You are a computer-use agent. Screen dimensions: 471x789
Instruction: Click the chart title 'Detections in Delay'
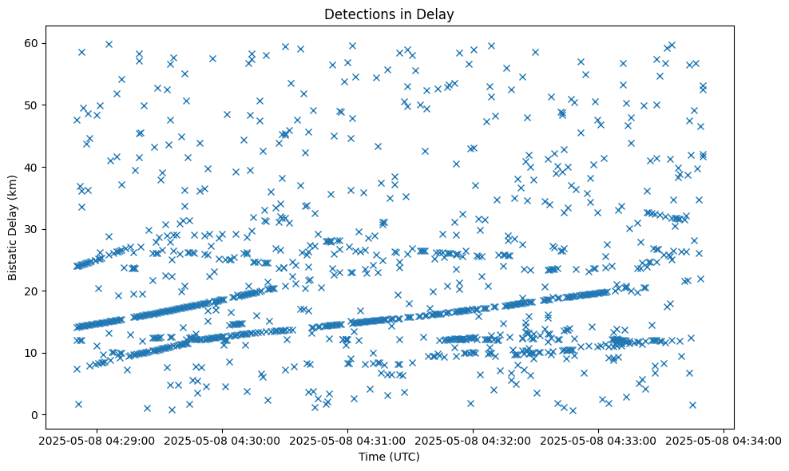tap(389, 14)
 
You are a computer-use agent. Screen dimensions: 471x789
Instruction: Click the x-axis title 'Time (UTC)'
tap(389, 457)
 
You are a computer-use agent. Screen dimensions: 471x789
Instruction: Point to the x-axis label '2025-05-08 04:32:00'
tap(474, 440)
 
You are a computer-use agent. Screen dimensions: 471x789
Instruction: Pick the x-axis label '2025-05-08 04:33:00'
tap(599, 440)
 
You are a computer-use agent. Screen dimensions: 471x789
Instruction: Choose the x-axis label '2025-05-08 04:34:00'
tap(724, 440)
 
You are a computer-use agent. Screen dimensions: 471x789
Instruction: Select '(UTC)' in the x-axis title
tap(405, 457)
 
